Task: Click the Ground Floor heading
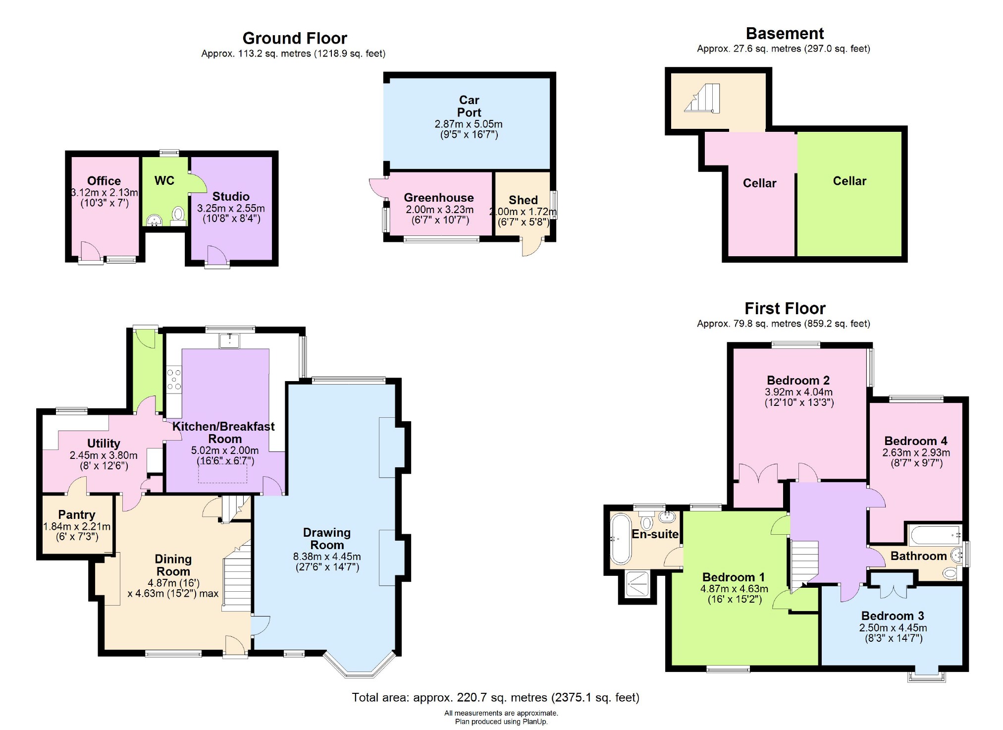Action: click(295, 38)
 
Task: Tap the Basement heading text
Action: click(785, 34)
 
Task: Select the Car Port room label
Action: click(469, 106)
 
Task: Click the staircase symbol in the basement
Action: click(702, 99)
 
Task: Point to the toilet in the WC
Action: click(178, 215)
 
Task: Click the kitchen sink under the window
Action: click(229, 340)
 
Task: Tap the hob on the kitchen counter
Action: click(174, 379)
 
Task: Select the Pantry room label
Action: click(76, 514)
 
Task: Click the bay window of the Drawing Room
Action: click(360, 667)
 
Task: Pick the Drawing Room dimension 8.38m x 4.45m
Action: click(327, 557)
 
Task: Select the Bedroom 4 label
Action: click(915, 441)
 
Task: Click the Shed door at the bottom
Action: click(531, 246)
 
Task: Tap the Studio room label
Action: click(231, 196)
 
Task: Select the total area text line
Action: click(495, 697)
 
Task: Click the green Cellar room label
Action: click(849, 181)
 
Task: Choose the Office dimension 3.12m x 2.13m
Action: click(104, 192)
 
